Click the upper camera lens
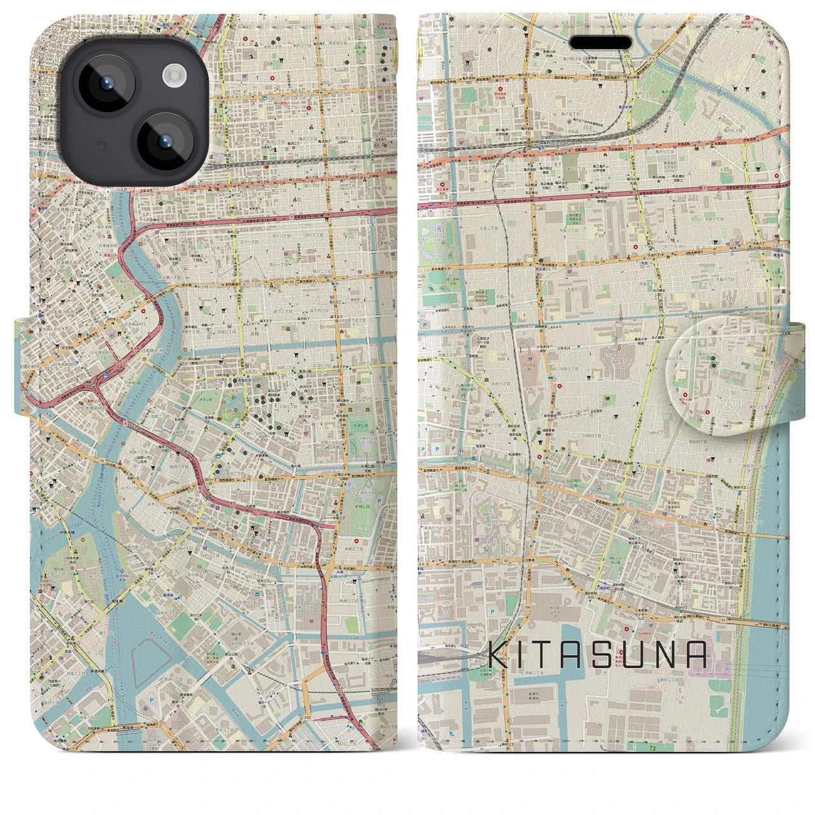pyautogui.click(x=105, y=83)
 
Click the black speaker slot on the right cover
pyautogui.click(x=602, y=43)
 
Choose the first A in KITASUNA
pyautogui.click(x=583, y=654)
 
